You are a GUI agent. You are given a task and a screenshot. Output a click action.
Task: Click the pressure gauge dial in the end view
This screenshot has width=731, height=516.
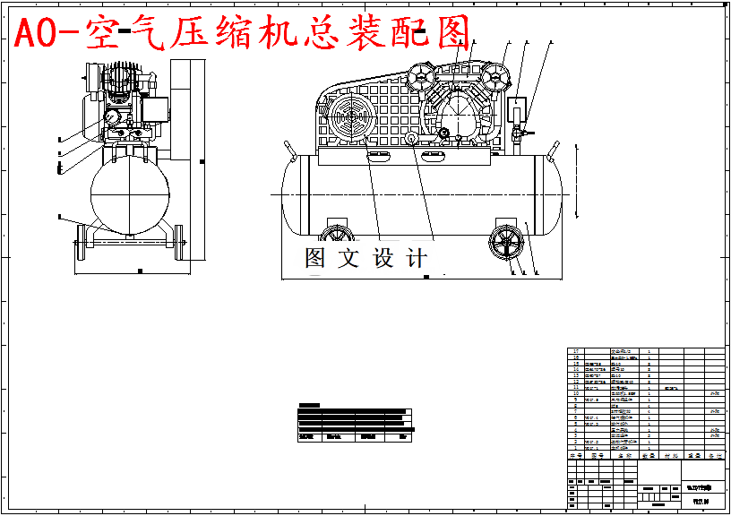tap(110, 116)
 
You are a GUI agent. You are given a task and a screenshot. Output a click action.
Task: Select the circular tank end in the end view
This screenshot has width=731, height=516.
tap(130, 196)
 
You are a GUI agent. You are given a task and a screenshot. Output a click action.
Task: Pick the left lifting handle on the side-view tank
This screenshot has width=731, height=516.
tap(288, 150)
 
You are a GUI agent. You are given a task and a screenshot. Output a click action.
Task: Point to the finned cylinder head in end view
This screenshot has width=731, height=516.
tap(122, 78)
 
